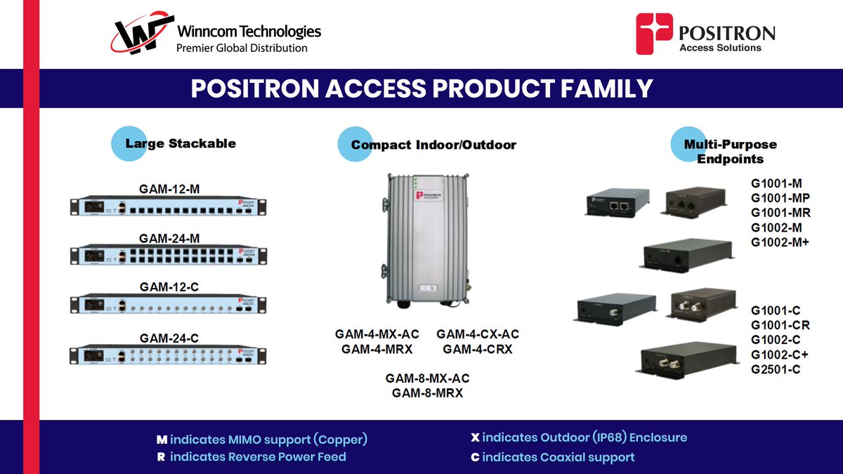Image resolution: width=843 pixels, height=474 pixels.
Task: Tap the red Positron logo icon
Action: tap(653, 34)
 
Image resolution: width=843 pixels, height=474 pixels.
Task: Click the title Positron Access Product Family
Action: tap(421, 88)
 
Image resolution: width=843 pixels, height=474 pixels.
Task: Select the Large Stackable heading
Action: tap(180, 143)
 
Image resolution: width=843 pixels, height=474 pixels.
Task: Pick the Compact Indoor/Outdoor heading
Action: tap(433, 145)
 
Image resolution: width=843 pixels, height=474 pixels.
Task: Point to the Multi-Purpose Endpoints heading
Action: tap(730, 151)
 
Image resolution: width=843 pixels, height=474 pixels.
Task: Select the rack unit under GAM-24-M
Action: tap(169, 254)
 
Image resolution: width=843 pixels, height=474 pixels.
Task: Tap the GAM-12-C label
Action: tap(169, 287)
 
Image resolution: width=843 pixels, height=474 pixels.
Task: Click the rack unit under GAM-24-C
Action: tap(169, 355)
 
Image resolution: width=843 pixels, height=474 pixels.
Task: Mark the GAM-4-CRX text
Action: tap(478, 348)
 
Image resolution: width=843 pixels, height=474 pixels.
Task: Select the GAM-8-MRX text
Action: tap(427, 393)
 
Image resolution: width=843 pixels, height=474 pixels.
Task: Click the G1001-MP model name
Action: tap(780, 198)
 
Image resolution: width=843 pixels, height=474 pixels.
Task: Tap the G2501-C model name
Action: tap(776, 369)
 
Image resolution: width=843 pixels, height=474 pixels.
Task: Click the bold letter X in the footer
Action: tap(475, 437)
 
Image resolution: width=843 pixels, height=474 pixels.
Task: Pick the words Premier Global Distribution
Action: tap(242, 48)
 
